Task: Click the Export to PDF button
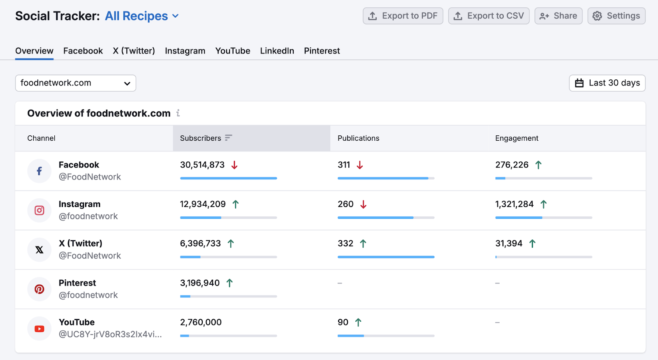tap(403, 16)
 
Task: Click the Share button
tap(558, 16)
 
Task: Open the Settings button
tap(616, 16)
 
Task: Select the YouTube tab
tap(232, 51)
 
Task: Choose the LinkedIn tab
tap(277, 51)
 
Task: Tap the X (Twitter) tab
tap(134, 51)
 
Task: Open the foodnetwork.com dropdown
tap(76, 83)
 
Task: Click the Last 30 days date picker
tap(607, 83)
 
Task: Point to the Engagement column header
tap(517, 138)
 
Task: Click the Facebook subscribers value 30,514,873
tap(202, 165)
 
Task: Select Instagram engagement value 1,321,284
tap(514, 204)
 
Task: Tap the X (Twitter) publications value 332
tap(345, 244)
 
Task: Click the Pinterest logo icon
tap(39, 289)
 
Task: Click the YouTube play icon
tap(39, 329)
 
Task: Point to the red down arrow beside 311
tap(360, 165)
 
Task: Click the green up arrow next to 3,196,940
tap(229, 283)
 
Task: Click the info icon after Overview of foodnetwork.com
tap(178, 113)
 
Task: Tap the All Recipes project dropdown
tap(142, 16)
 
